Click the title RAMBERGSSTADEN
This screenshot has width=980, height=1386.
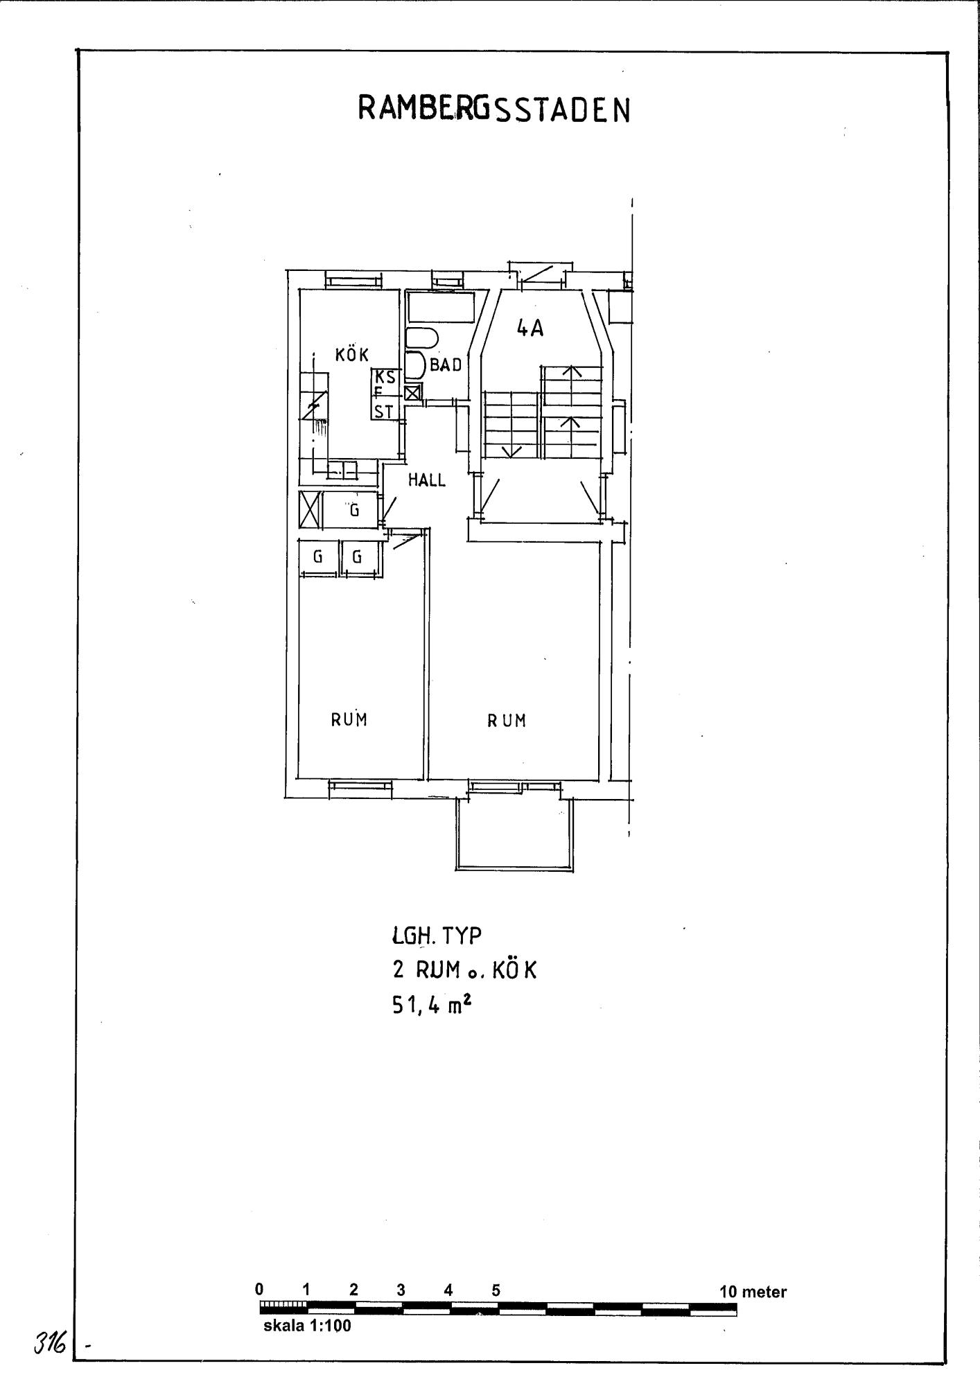click(x=494, y=109)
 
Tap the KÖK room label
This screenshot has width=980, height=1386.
click(x=352, y=354)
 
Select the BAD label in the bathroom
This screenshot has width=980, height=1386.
click(x=446, y=365)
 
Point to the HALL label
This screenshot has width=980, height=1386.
click(x=426, y=480)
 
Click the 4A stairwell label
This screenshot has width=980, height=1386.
click(x=530, y=328)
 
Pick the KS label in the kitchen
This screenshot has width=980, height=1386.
click(x=385, y=377)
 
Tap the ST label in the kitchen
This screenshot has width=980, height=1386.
click(x=384, y=412)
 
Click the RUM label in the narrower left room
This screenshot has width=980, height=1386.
click(x=349, y=719)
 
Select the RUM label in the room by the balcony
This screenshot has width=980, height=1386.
click(x=507, y=721)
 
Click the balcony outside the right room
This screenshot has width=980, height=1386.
click(x=515, y=834)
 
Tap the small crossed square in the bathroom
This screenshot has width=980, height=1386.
click(x=413, y=394)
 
